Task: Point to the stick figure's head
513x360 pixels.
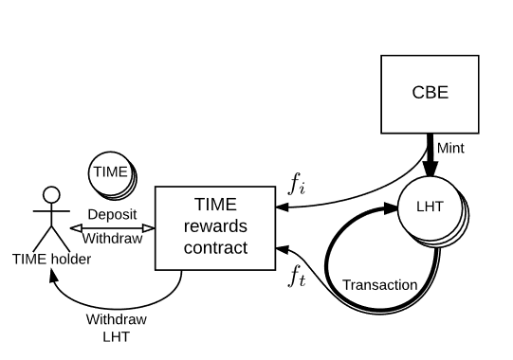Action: pyautogui.click(x=52, y=195)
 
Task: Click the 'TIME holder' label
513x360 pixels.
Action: pyautogui.click(x=52, y=258)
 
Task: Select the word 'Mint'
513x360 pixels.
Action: pyautogui.click(x=450, y=148)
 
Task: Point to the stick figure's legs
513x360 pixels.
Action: pyautogui.click(x=52, y=239)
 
